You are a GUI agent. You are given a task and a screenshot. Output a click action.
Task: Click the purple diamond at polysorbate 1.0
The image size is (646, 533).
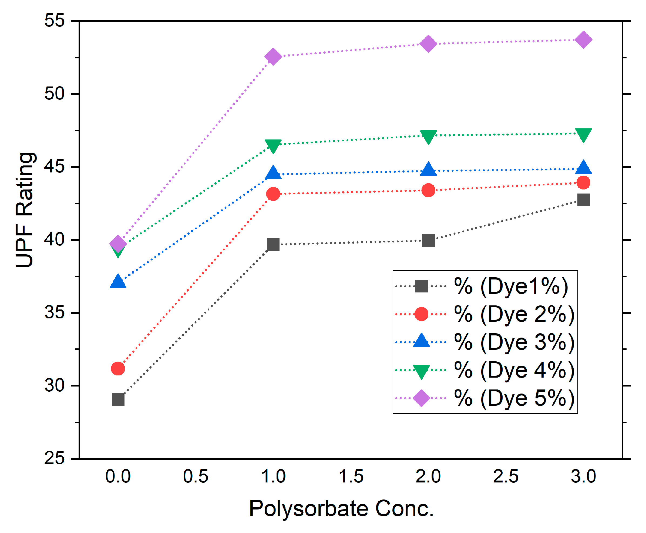point(273,56)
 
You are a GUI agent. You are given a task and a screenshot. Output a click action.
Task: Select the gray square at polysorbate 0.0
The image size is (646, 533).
point(118,400)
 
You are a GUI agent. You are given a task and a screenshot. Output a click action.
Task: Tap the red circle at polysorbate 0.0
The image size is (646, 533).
point(118,368)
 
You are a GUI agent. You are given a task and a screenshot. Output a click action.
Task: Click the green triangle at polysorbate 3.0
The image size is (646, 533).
point(583,135)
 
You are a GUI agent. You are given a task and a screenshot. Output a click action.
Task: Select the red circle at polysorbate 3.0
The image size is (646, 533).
point(583,183)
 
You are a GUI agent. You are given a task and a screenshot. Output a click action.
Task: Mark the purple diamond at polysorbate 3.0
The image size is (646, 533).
point(583,40)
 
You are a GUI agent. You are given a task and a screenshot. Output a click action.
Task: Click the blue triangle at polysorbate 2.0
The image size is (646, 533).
point(428,169)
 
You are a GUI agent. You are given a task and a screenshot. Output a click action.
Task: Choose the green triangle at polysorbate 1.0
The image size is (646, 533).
point(273,145)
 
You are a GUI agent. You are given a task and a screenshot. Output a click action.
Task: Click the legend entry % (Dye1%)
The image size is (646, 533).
point(511,286)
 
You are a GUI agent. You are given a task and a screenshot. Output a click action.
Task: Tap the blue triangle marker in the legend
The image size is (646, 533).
point(422,341)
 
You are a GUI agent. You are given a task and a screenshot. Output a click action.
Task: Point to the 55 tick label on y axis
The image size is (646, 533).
point(55,21)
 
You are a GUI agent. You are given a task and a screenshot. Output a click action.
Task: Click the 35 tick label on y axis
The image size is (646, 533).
point(55,312)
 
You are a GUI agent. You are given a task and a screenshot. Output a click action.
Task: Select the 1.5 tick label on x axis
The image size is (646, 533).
point(351,477)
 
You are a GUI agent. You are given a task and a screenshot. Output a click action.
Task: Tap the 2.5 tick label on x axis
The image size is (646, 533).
point(506,477)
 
